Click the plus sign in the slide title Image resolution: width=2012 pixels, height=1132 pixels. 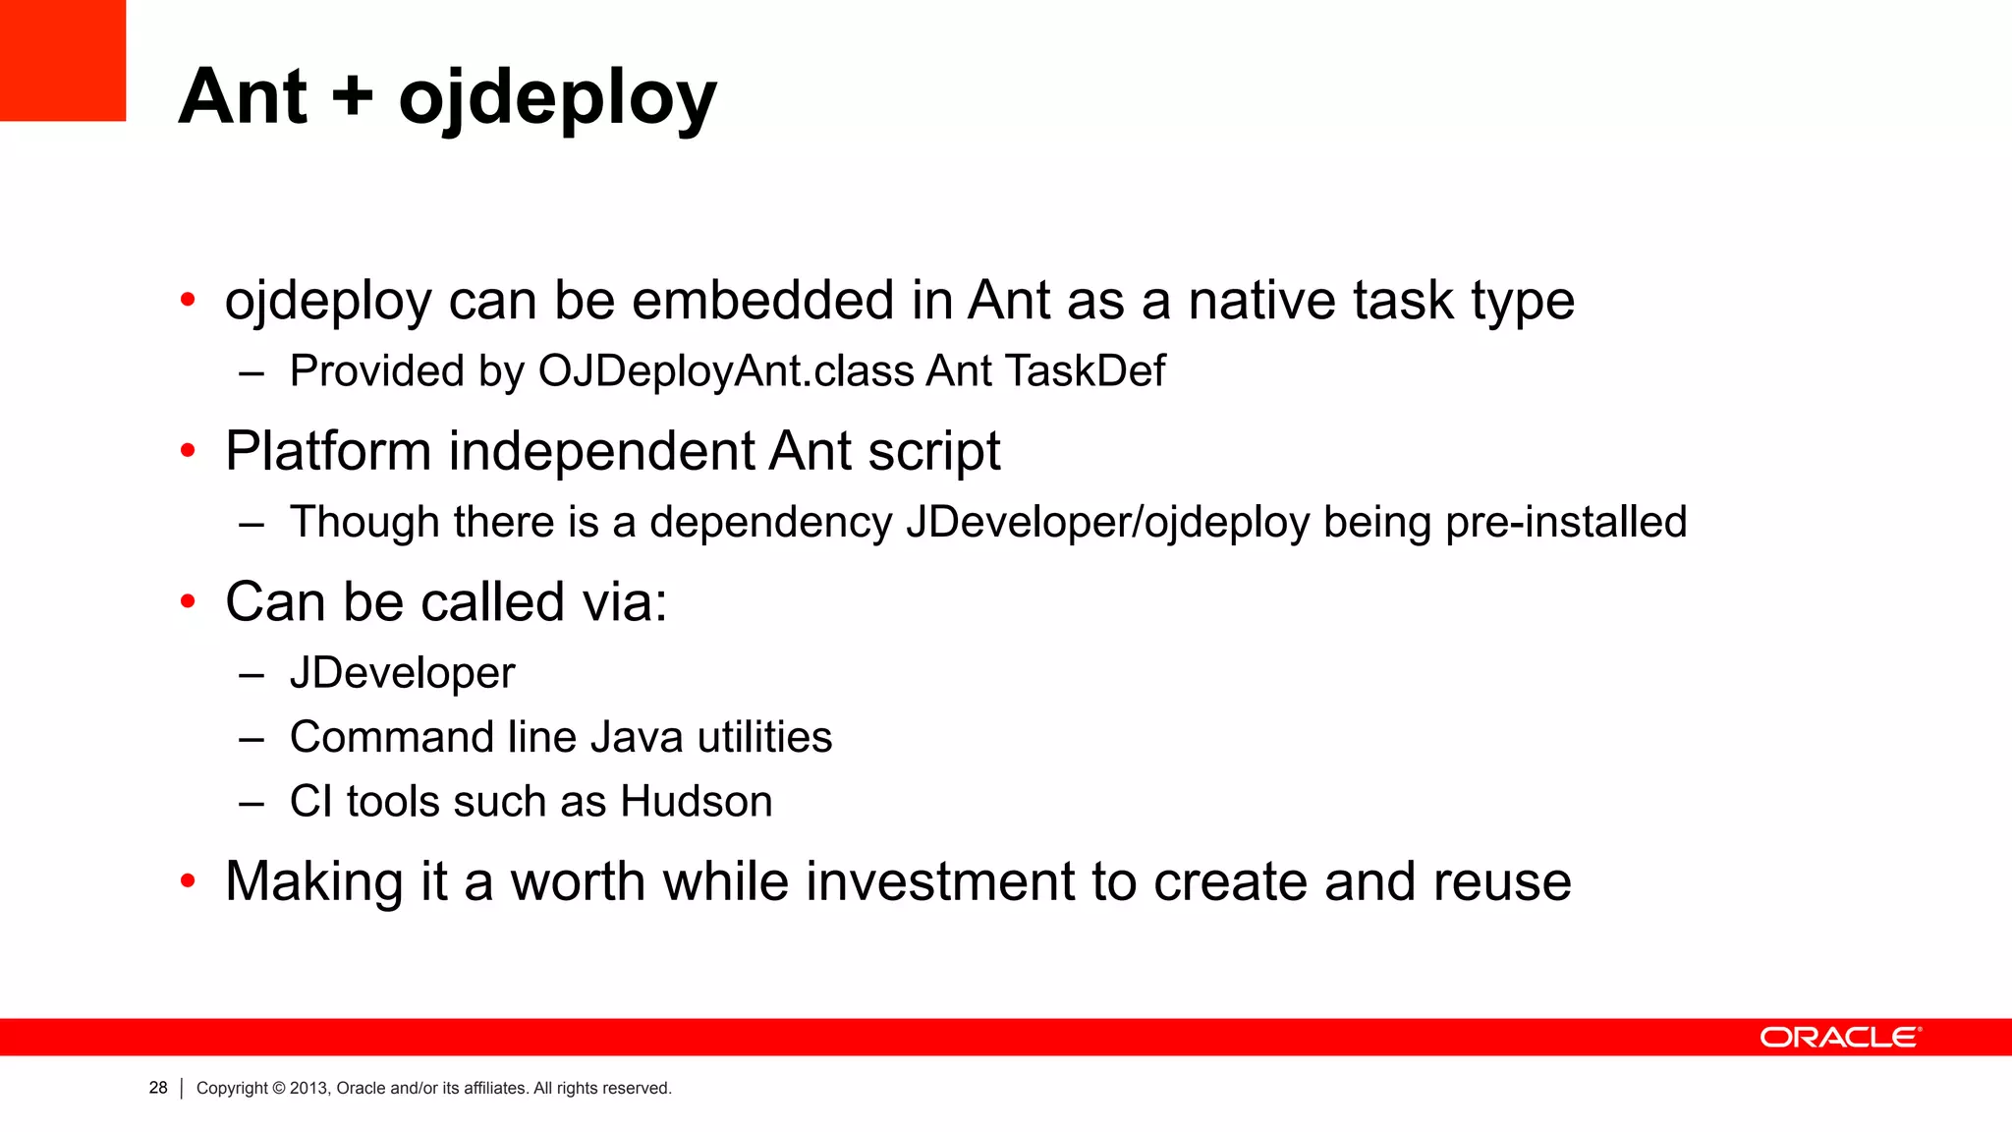(x=353, y=98)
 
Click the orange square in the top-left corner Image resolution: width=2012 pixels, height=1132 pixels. (x=63, y=60)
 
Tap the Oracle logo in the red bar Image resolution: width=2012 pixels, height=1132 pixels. (x=1840, y=1038)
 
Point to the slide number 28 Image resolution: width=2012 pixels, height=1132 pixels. (x=158, y=1088)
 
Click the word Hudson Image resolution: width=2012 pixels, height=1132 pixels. (x=697, y=801)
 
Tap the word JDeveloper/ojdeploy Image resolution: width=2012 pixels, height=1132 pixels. (x=1108, y=522)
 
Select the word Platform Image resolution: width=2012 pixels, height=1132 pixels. (x=328, y=452)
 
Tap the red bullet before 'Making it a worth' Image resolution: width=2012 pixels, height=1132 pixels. (x=188, y=880)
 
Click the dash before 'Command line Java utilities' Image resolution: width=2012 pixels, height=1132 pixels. (x=251, y=738)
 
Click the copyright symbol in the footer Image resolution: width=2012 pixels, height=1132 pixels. (x=279, y=1088)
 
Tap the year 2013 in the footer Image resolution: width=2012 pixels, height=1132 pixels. (x=308, y=1088)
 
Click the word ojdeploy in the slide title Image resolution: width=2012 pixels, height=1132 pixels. (x=557, y=98)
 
